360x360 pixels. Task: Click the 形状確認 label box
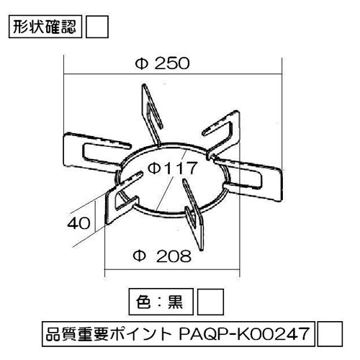coord(45,27)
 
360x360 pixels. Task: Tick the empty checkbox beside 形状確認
coord(97,27)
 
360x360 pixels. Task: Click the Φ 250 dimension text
coord(163,63)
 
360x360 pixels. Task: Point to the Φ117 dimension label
coord(172,168)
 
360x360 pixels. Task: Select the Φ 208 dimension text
coord(162,256)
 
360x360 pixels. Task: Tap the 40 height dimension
coord(78,223)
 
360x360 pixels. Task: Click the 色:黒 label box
coord(161,302)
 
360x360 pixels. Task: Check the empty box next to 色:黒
coord(210,302)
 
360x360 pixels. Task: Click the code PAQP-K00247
coord(244,334)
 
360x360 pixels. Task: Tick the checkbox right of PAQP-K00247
coord(330,334)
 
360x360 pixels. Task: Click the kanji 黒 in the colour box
coord(175,302)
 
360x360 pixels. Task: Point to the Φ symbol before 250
coord(141,64)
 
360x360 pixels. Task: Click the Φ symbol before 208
coord(139,256)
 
